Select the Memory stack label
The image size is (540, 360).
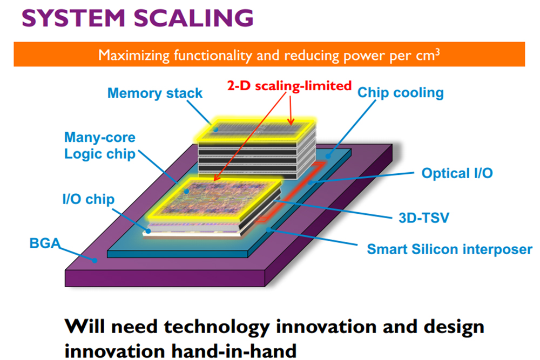[155, 93]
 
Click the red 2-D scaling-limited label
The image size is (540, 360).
[289, 85]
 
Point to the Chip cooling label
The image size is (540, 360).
[400, 92]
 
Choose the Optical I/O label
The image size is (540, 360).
[457, 173]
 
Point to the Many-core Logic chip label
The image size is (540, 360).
[100, 145]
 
